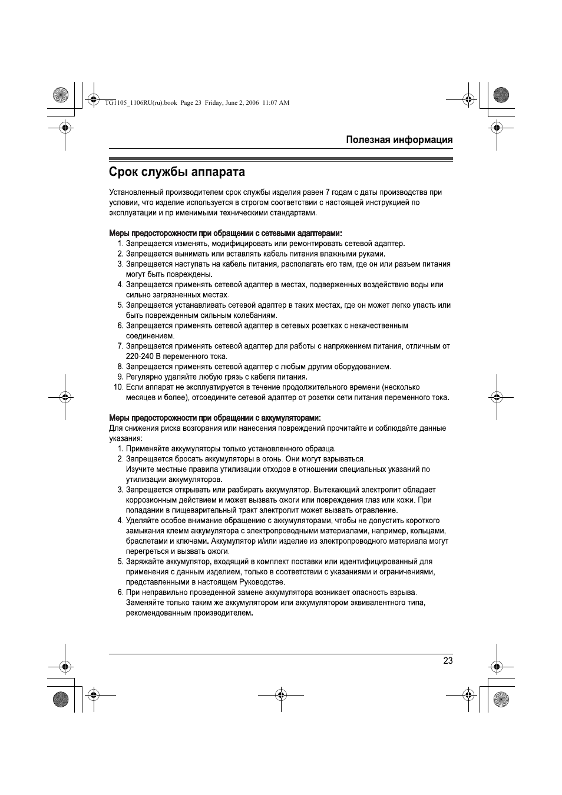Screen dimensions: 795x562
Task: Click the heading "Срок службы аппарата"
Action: [x=177, y=172]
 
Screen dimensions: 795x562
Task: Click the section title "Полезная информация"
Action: [x=399, y=139]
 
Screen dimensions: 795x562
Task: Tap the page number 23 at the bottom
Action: [x=448, y=661]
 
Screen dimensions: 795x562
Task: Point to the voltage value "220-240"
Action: [x=139, y=357]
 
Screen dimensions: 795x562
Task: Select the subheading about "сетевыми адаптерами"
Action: [x=226, y=233]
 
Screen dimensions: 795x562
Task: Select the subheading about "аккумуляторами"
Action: [x=214, y=418]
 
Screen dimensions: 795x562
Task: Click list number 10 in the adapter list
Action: [x=118, y=387]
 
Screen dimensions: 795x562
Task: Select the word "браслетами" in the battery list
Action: [x=145, y=541]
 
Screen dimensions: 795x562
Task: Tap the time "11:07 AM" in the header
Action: [x=276, y=102]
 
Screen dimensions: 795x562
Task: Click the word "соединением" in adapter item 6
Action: [x=150, y=336]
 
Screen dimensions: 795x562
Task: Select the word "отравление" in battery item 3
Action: [x=378, y=510]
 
